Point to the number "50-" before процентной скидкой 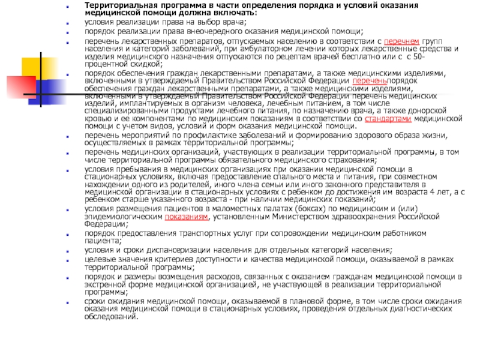(419, 56)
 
